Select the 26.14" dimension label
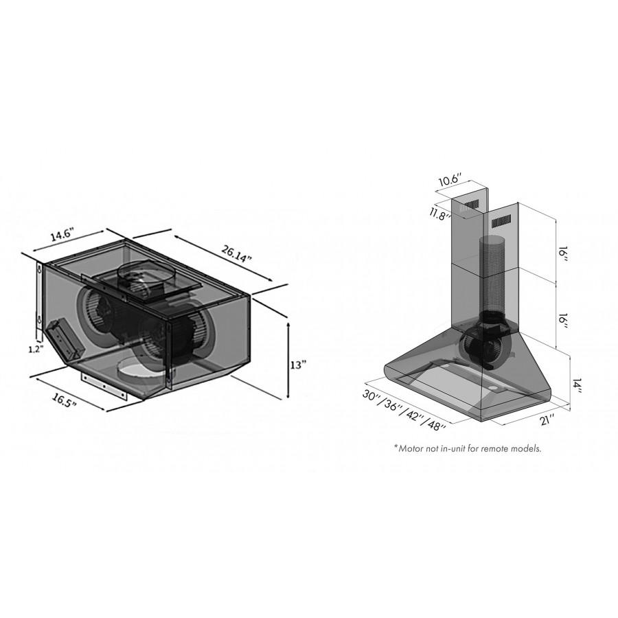(x=236, y=254)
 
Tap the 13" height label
(x=299, y=365)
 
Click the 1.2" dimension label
(x=35, y=350)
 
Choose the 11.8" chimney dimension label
(x=439, y=213)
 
